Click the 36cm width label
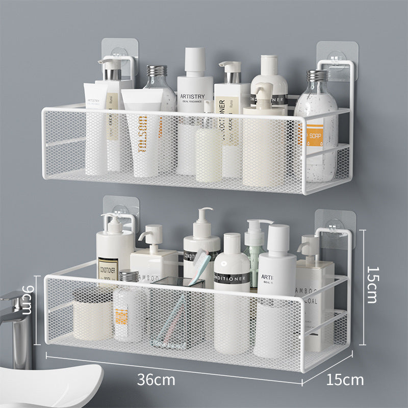pyautogui.click(x=156, y=380)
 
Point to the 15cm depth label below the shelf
pyautogui.click(x=346, y=380)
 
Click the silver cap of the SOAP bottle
pyautogui.click(x=316, y=76)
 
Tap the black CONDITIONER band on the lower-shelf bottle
pyautogui.click(x=232, y=279)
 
